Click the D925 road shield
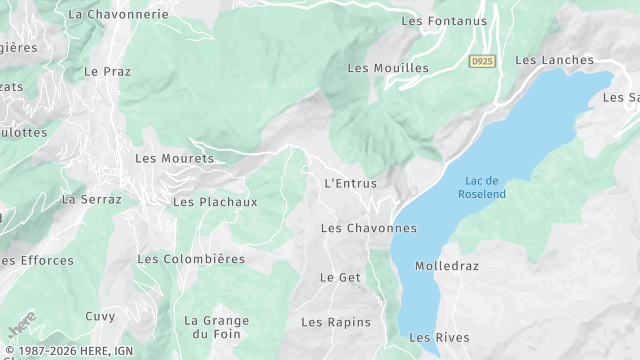pos(482,62)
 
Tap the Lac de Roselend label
pos(482,187)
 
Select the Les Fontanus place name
pos(444,20)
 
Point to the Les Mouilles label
pos(388,68)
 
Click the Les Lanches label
pos(554,60)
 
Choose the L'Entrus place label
pos(351,183)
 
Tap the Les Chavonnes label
pos(368,228)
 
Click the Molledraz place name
pos(447,267)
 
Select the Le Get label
pos(340,277)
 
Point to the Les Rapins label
pos(336,322)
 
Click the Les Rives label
pos(439,338)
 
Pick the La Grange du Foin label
pos(216,327)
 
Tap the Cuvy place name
pos(100,316)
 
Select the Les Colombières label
pos(191,259)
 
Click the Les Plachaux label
pos(215,202)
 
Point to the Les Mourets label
pos(174,158)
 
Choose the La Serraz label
pos(91,199)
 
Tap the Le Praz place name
pos(108,72)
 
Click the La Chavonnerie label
pos(118,15)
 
